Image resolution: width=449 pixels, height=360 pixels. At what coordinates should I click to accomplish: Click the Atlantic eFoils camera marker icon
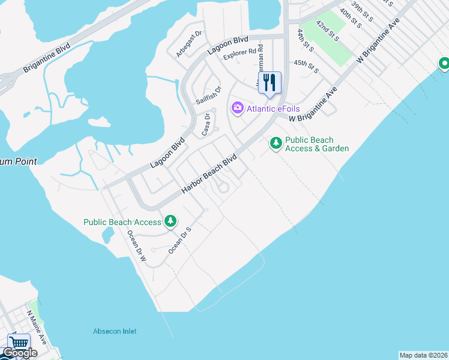(x=238, y=108)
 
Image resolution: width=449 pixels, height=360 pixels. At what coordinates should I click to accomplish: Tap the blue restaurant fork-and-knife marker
(x=270, y=83)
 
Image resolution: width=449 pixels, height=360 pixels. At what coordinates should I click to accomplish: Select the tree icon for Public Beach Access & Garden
(x=276, y=143)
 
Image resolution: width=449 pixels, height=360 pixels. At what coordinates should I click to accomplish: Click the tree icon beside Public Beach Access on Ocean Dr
(x=170, y=222)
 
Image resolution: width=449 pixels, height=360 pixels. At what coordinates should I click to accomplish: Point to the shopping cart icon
(x=18, y=344)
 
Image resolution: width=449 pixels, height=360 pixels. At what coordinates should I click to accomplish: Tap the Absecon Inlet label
(x=115, y=331)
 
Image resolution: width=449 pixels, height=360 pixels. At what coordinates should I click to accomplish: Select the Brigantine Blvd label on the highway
(x=47, y=58)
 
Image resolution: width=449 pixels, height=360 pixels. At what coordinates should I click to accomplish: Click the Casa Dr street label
(x=206, y=125)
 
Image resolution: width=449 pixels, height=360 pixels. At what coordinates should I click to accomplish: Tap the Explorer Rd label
(x=240, y=55)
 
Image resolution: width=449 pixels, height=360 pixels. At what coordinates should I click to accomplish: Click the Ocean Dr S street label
(x=179, y=240)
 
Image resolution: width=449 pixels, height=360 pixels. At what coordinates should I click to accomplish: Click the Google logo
(x=20, y=353)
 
